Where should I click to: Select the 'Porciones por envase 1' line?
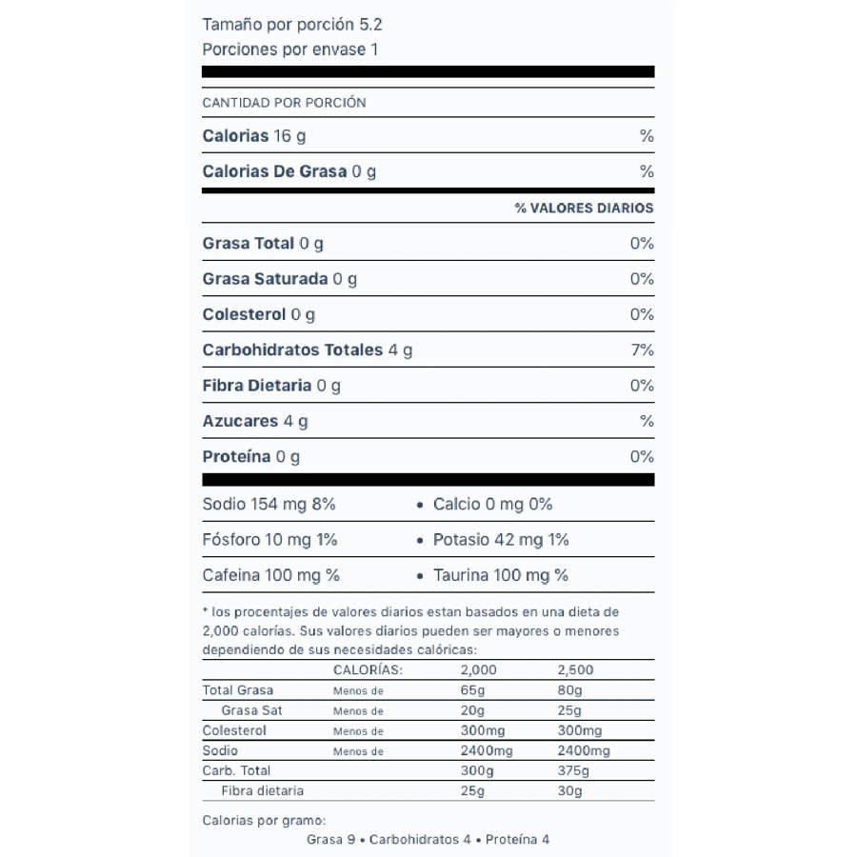coord(290,50)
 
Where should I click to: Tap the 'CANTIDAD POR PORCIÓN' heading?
coord(284,103)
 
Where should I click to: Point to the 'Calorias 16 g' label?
coord(254,136)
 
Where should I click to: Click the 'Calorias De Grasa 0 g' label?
coord(289,172)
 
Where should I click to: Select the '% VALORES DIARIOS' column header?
coord(584,208)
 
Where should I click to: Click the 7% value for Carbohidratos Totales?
coord(642,350)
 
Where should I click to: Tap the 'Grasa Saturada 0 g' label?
coord(280,279)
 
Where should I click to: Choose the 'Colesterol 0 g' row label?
coord(259,314)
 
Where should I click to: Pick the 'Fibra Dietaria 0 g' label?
coord(271,386)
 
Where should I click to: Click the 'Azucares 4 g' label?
coord(255,421)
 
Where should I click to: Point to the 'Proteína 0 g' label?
coord(251,457)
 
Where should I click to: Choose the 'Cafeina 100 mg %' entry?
coord(271,575)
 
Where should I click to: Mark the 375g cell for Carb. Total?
coord(573,770)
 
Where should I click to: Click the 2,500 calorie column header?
coord(575,670)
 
